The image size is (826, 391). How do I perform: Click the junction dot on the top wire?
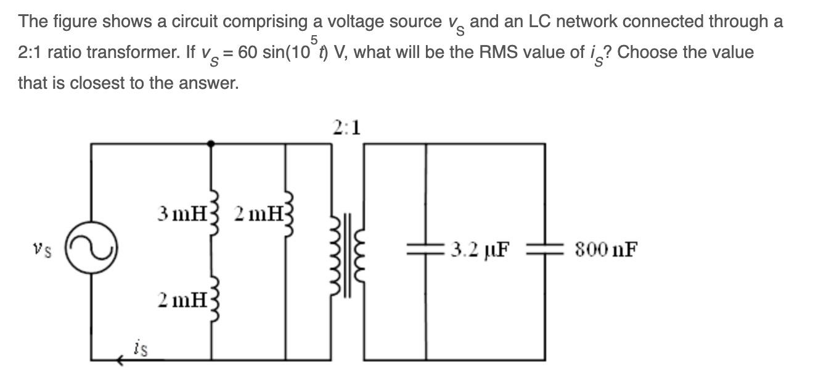[x=212, y=144]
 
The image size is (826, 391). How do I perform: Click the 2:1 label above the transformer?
[x=347, y=128]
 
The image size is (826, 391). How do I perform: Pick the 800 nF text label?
[x=605, y=250]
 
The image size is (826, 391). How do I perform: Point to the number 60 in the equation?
[x=248, y=52]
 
